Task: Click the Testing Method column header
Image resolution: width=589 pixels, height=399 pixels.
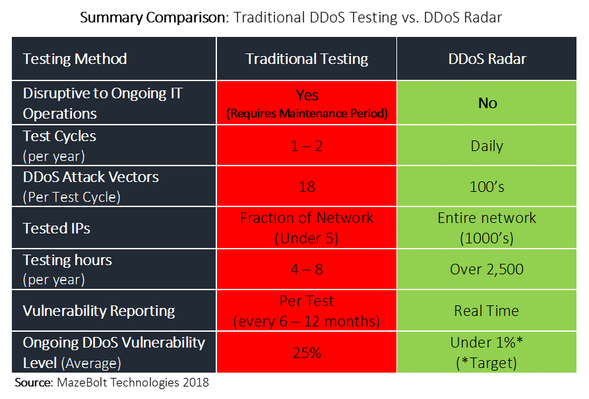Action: point(75,59)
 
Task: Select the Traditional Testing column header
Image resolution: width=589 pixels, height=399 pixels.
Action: point(307,59)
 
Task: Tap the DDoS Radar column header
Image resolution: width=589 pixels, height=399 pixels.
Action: point(487,59)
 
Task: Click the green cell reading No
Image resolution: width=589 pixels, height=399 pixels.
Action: point(487,103)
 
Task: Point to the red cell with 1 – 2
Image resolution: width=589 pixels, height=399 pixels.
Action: point(307,146)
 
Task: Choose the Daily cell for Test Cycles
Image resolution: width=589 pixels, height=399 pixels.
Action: point(487,146)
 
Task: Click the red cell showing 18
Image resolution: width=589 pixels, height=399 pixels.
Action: point(307,187)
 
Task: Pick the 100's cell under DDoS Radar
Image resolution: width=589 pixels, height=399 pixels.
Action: point(487,187)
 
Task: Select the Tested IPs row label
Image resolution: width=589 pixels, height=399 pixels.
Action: point(57,228)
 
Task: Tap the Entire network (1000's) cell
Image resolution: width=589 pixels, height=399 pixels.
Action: point(487,228)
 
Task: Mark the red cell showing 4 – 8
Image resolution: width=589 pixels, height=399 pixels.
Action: point(307,269)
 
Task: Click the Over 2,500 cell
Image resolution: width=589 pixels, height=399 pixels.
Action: point(487,269)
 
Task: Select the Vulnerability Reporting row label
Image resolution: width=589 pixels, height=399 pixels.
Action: point(99,311)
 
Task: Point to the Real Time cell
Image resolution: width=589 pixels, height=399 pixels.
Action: point(487,311)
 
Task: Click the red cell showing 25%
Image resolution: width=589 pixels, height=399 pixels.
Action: point(307,353)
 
